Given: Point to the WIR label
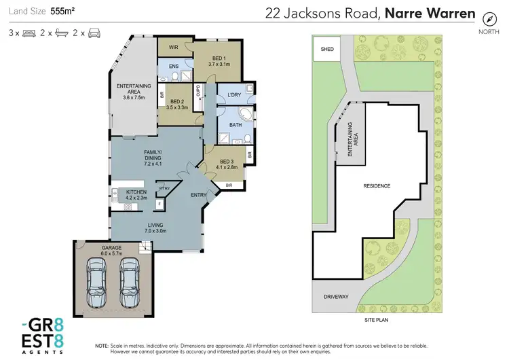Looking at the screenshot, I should click(x=173, y=48).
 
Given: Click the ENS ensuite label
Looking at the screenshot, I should click(x=173, y=66).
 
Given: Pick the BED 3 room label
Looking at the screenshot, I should click(x=227, y=163).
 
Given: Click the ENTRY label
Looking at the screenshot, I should click(x=199, y=195).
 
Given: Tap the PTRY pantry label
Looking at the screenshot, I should click(x=164, y=188).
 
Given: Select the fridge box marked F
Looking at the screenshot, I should click(x=159, y=202).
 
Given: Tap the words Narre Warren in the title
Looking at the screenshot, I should click(x=424, y=12).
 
